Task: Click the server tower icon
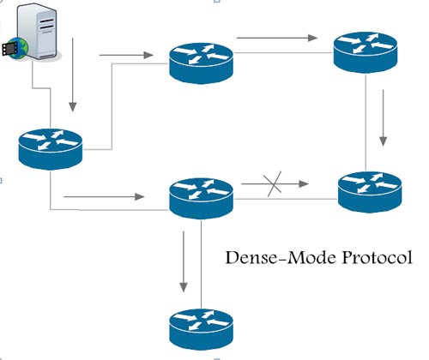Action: [37, 32]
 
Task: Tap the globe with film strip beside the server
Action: [15, 48]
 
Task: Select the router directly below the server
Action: [51, 149]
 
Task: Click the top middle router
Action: [201, 63]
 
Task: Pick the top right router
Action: [366, 52]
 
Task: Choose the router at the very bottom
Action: [201, 329]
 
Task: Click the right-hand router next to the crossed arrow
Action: [370, 192]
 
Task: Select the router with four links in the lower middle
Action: [201, 198]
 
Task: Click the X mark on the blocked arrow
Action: [273, 184]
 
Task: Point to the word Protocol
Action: [378, 258]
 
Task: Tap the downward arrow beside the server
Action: [73, 75]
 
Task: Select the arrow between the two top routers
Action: [277, 38]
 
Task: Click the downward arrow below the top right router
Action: [383, 117]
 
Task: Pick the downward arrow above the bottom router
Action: [184, 261]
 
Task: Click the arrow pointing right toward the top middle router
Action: [126, 55]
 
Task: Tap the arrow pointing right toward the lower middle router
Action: [104, 196]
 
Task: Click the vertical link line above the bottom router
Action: [201, 264]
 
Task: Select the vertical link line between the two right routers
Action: [366, 123]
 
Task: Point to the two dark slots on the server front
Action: [46, 24]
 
